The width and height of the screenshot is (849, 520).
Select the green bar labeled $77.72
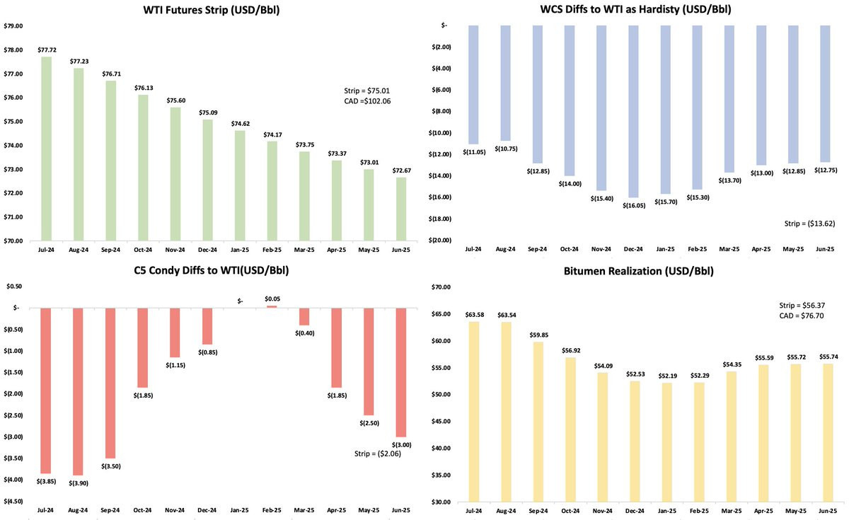tap(46, 149)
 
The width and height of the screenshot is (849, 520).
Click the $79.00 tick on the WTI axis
tap(13, 26)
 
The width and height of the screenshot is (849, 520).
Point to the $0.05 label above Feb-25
tap(272, 299)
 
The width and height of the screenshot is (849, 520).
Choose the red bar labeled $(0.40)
tap(304, 316)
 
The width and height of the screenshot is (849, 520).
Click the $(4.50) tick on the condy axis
tap(13, 501)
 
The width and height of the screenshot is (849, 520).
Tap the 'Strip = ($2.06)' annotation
tap(379, 453)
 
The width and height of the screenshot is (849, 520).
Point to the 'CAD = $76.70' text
tap(799, 316)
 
